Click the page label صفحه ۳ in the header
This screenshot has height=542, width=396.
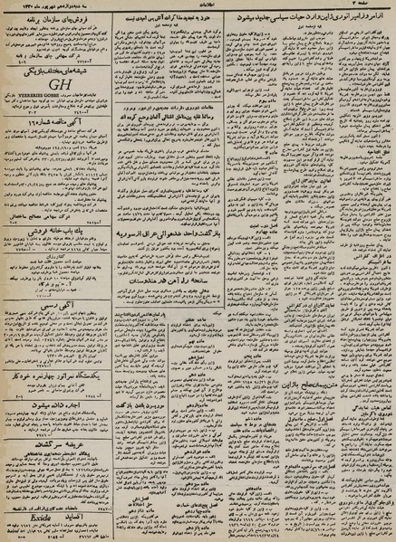click(374, 7)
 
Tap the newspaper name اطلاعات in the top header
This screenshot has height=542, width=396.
click(198, 7)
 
